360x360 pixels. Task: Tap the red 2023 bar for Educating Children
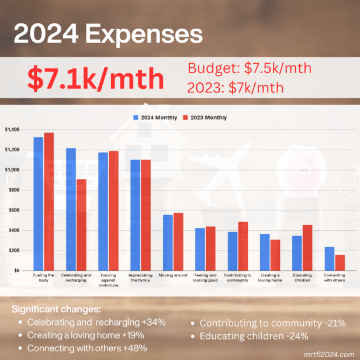tap(307, 248)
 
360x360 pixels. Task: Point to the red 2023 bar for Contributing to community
tap(243, 246)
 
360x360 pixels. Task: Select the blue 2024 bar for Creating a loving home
tap(265, 252)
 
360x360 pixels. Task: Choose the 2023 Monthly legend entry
tap(206, 117)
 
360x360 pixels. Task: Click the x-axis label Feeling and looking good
tap(205, 278)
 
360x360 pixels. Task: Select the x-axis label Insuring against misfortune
tap(108, 280)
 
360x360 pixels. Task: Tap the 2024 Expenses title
tap(108, 34)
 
